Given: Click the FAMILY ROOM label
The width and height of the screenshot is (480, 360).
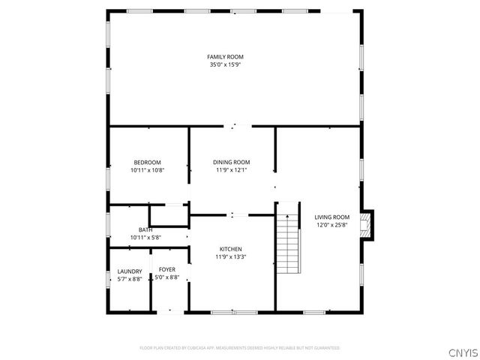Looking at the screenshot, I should click(225, 57).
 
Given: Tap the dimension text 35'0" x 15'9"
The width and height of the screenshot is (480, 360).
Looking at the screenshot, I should click(225, 64).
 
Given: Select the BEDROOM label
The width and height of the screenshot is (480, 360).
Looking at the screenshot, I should click(147, 163).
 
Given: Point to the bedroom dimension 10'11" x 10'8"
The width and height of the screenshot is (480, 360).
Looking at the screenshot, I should click(147, 170).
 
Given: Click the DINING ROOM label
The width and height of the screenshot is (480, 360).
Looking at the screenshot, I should click(231, 163).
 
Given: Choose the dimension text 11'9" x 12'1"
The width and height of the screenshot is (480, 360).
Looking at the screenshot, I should click(231, 170).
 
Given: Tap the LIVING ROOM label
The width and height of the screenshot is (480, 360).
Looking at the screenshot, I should click(331, 217).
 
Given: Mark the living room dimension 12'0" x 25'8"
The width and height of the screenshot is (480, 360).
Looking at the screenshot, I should click(331, 225).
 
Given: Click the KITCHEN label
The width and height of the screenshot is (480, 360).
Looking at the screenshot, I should click(230, 249).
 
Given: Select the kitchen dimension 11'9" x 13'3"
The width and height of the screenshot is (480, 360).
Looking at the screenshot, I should click(230, 257).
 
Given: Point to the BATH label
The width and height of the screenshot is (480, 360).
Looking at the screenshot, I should click(145, 230).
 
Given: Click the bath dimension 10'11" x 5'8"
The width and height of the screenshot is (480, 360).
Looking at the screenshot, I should click(145, 238).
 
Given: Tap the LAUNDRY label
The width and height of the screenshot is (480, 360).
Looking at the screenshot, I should click(129, 271).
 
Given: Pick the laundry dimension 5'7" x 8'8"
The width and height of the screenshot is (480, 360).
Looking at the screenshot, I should click(129, 279).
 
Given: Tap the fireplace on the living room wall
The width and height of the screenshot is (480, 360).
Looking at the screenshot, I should click(366, 224).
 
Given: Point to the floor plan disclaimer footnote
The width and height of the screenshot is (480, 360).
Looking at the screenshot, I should click(240, 348).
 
